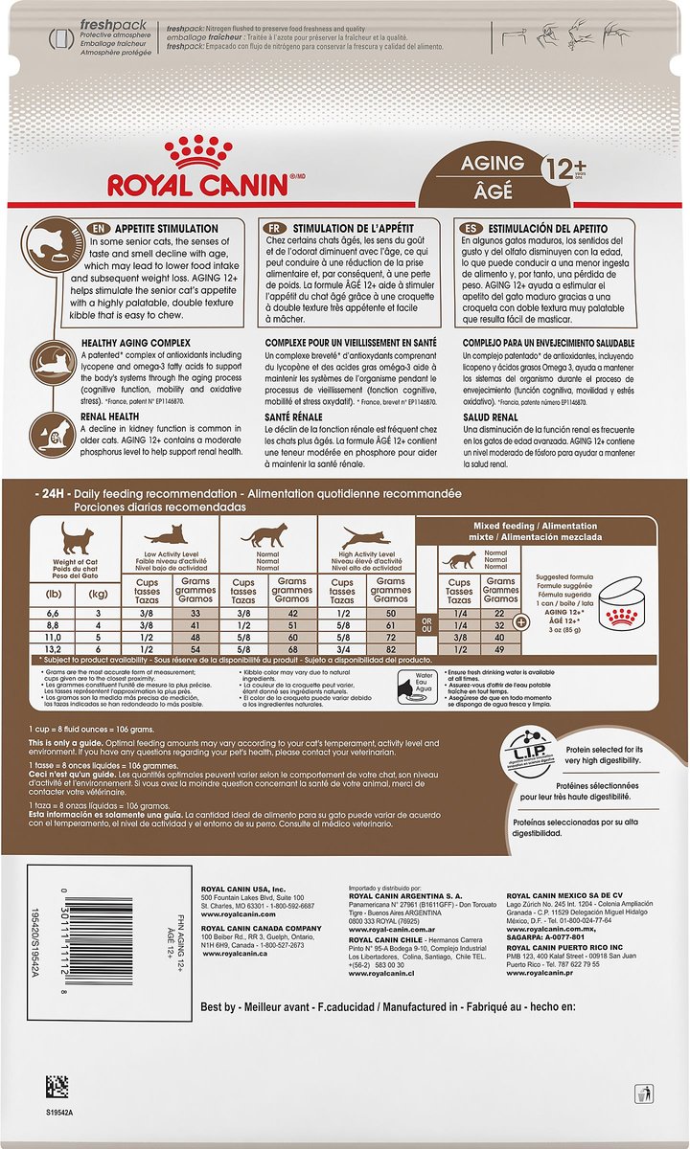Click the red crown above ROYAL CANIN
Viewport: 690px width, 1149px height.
(197, 151)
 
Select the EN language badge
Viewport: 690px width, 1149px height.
(98, 228)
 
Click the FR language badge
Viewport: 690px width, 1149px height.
(276, 228)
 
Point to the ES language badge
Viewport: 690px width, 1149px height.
(471, 228)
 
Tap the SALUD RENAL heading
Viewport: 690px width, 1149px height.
(491, 418)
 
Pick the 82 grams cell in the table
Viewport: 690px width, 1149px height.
(390, 649)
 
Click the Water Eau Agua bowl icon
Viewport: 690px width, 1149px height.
(410, 689)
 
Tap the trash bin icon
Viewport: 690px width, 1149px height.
(646, 1092)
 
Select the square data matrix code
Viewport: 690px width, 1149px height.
(57, 1087)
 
